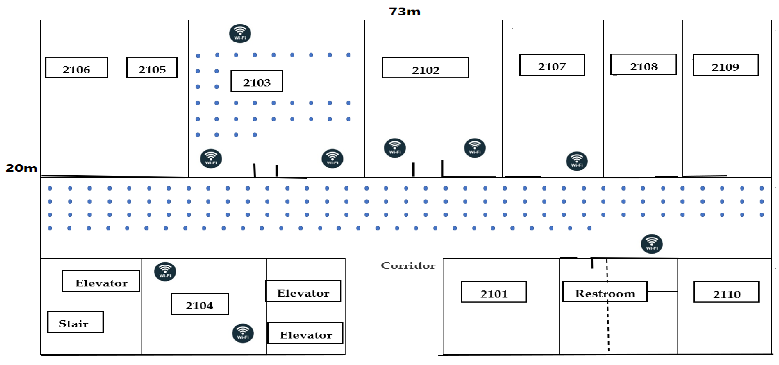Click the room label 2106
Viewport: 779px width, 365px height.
pos(76,67)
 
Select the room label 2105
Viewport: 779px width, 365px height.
pos(152,67)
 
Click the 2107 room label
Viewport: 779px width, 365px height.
pos(552,65)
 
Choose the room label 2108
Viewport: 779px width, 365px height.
pos(643,65)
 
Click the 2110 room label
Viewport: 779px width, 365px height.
pos(726,292)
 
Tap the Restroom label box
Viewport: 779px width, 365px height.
pos(605,292)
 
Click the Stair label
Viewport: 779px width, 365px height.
pos(75,322)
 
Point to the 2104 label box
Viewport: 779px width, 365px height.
pos(200,304)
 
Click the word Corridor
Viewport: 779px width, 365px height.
pos(408,266)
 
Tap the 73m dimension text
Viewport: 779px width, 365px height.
pos(404,12)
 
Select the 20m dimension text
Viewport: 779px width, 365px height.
pos(21,168)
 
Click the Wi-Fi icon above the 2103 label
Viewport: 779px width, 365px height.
pos(240,33)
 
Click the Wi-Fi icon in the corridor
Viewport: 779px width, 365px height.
pos(652,244)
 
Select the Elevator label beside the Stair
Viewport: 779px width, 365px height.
pos(101,281)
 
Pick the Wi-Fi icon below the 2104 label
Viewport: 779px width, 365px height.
pos(243,333)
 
